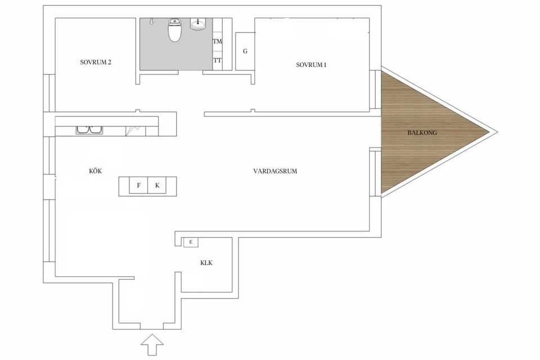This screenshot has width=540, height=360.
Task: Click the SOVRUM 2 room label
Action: click(x=95, y=62)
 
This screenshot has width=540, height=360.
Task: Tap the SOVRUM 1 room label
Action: click(x=311, y=65)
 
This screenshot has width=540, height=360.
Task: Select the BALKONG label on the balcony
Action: click(x=422, y=133)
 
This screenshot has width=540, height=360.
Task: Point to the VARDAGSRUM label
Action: click(x=275, y=171)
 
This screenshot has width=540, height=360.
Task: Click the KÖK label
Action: click(x=95, y=171)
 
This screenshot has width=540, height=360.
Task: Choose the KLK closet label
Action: click(x=206, y=263)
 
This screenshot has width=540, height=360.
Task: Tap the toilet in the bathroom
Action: click(x=174, y=30)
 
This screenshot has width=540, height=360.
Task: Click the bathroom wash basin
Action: click(x=199, y=24)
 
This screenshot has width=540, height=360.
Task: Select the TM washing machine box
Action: click(x=217, y=42)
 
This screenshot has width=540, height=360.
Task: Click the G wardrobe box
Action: click(x=245, y=51)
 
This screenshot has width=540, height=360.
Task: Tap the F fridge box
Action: click(x=138, y=185)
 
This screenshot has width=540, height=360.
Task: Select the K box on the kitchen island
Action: click(x=157, y=185)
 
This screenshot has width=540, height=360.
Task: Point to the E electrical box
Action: click(x=191, y=242)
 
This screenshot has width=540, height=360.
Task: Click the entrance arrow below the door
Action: click(x=151, y=343)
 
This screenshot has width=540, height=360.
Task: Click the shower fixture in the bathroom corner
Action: click(x=152, y=21)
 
